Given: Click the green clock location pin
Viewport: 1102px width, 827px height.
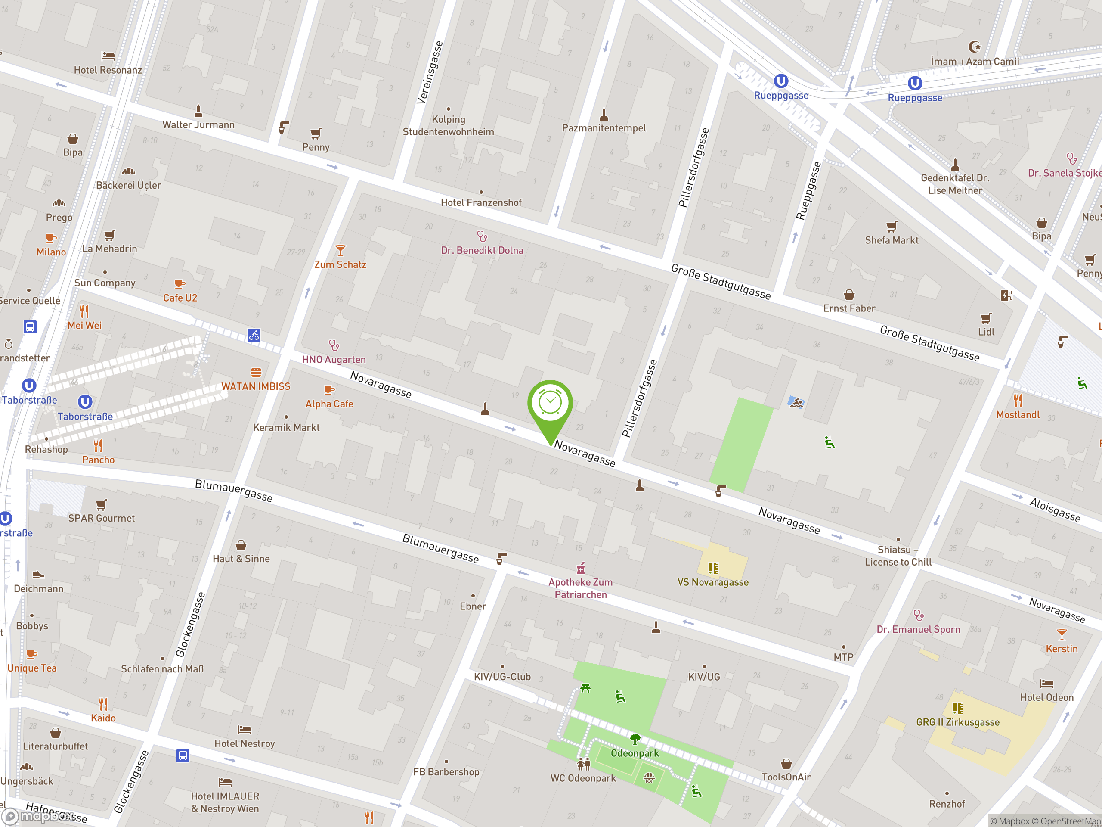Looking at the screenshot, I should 550,404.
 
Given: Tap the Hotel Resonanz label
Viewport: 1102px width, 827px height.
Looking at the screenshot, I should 108,70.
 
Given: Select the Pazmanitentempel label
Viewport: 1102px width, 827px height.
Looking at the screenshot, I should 604,128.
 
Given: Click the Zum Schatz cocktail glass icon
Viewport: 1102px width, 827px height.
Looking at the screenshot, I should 340,250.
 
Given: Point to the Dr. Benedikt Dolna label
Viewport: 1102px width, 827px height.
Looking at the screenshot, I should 482,250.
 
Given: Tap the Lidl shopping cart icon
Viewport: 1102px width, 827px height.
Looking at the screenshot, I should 986,319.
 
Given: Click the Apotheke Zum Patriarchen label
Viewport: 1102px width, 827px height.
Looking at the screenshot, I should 580,588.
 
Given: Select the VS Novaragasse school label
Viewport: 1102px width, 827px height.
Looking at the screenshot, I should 713,582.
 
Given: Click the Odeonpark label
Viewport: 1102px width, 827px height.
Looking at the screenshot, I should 635,753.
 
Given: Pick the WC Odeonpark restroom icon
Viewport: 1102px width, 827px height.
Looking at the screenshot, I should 583,764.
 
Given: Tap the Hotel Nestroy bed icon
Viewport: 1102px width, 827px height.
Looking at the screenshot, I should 244,730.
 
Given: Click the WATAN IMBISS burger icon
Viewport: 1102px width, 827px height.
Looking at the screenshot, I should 256,373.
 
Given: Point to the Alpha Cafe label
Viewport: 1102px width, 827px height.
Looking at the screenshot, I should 329,404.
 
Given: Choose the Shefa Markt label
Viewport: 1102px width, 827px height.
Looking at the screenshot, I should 891,240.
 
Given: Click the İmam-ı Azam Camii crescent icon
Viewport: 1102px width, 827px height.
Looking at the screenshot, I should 975,47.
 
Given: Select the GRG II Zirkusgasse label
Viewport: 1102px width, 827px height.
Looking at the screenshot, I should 957,722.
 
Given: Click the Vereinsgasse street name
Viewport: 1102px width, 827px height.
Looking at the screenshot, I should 430,73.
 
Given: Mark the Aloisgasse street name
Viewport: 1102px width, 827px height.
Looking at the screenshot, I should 1055,510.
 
